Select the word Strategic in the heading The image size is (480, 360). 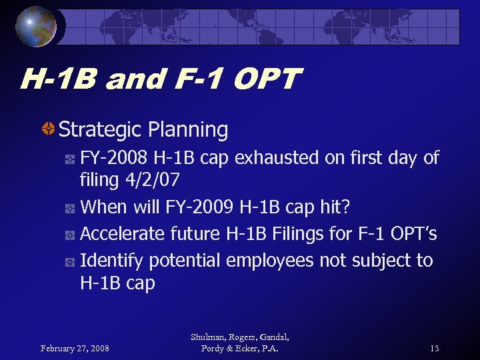coord(99,129)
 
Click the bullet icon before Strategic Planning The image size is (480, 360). coord(48,129)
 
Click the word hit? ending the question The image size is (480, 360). coord(334,207)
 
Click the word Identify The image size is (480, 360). coord(107,260)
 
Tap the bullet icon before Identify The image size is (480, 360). coord(69,261)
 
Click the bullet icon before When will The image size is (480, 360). coord(69,208)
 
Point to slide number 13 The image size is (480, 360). coord(435,348)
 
